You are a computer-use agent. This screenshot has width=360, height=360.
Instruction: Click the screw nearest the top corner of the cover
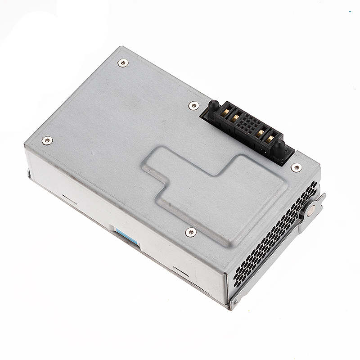click(123, 63)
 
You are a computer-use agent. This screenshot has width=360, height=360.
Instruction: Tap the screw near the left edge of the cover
click(47, 141)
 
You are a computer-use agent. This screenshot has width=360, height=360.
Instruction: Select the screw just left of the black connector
click(194, 105)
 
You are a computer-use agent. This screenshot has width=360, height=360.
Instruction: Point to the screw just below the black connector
click(296, 168)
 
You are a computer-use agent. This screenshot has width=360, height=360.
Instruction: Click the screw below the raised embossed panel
click(190, 232)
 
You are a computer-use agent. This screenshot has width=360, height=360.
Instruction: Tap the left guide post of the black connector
click(214, 106)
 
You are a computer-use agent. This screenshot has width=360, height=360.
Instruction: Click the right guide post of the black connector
click(279, 147)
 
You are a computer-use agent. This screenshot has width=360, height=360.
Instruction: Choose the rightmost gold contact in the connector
click(270, 139)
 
